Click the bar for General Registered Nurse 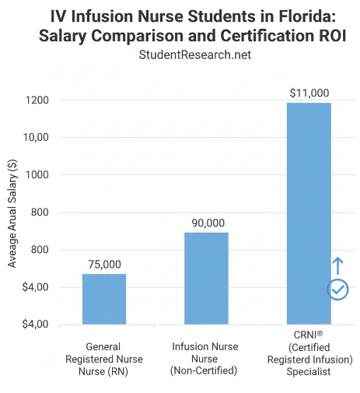coord(104,299)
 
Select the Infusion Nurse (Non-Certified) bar coord(206,278)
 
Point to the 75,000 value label coord(104,265)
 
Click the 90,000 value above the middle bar coord(206,223)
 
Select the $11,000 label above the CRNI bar coord(308,93)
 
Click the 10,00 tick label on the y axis coord(34,138)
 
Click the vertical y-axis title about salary coord(12,212)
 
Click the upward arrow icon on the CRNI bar coord(337,265)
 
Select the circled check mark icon coord(337,289)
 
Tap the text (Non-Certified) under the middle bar coord(206,371)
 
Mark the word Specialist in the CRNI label coord(308,372)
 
